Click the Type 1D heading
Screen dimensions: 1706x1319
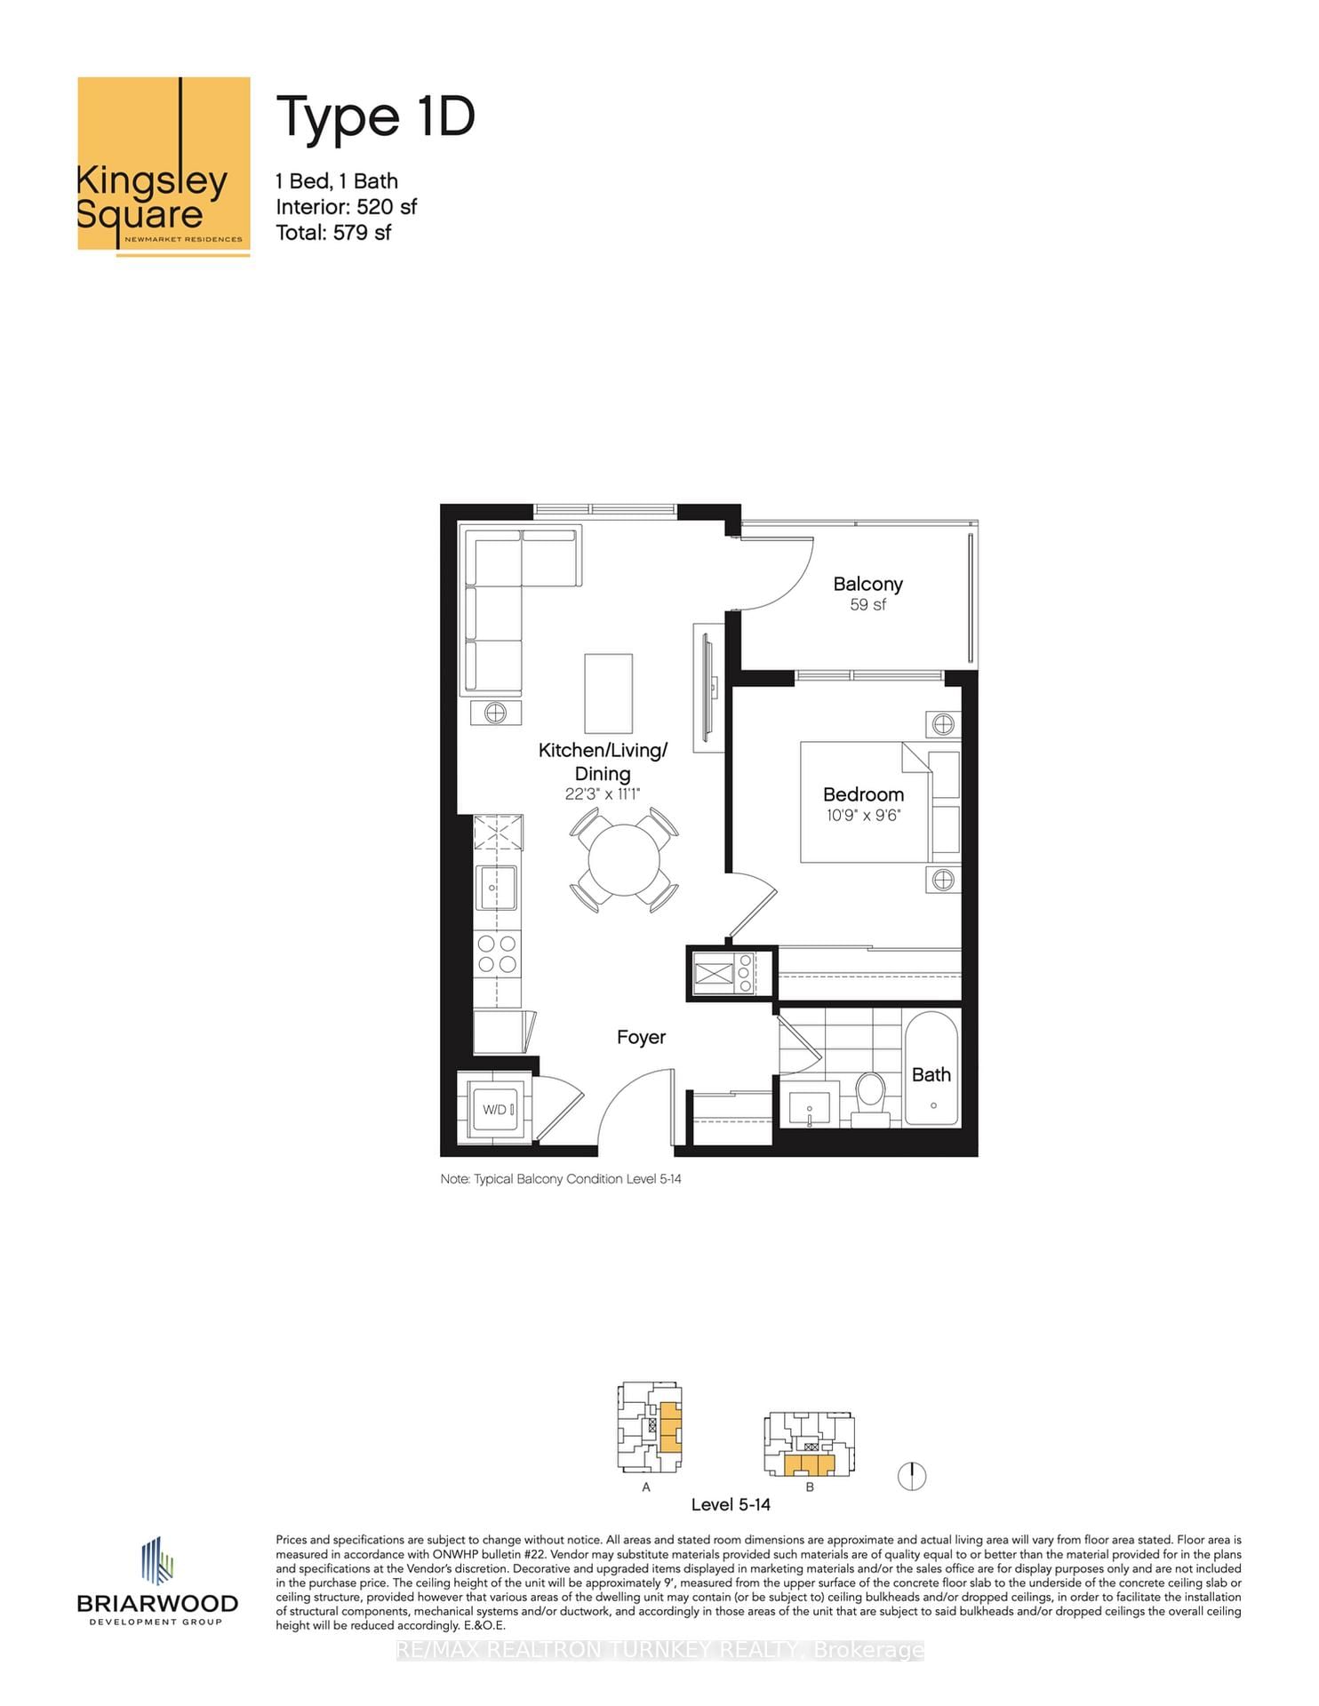(375, 117)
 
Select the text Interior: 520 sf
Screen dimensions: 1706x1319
(346, 207)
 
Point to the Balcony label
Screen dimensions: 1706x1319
(867, 584)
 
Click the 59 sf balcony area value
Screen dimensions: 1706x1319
(867, 605)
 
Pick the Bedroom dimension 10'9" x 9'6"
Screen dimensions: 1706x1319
(862, 815)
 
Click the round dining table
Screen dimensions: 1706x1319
(624, 860)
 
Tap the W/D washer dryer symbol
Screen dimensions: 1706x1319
(496, 1109)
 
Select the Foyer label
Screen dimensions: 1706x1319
(641, 1037)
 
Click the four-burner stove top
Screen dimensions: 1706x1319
(498, 953)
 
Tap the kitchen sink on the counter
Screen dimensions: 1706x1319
(497, 887)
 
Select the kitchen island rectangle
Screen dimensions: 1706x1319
(608, 693)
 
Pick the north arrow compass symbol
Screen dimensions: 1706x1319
(912, 1476)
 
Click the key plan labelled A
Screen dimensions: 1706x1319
(650, 1427)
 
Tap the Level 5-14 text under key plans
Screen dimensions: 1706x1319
(731, 1504)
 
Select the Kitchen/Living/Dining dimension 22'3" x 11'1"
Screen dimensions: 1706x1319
(602, 794)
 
